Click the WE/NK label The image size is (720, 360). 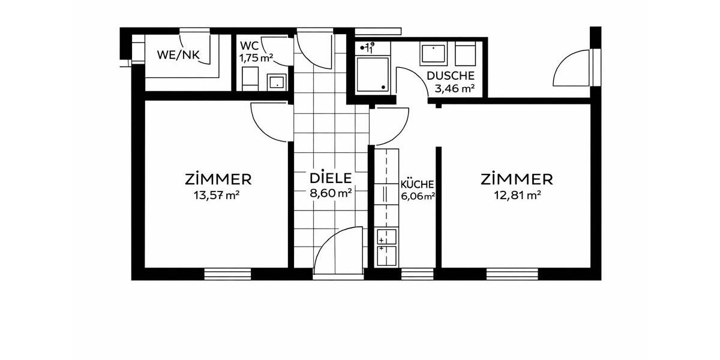click(178, 55)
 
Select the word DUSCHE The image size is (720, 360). click(451, 76)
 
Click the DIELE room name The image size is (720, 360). click(329, 178)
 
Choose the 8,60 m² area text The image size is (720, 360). click(330, 193)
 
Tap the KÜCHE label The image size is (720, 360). click(417, 185)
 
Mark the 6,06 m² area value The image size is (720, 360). click(418, 196)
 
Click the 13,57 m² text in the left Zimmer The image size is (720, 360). click(218, 194)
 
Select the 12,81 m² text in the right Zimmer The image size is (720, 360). click(517, 194)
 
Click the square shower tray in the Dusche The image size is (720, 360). click(373, 74)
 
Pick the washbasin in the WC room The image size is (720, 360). click(277, 82)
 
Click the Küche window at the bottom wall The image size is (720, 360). click(417, 274)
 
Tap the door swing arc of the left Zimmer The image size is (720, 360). click(270, 123)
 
